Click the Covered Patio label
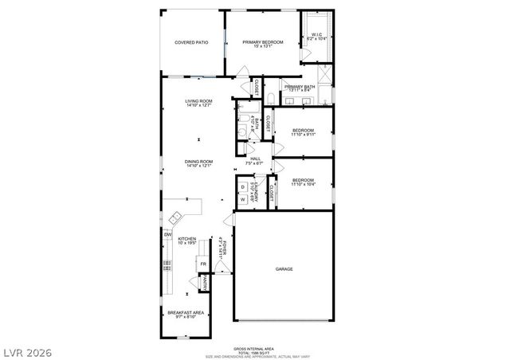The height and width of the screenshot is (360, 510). coord(191,42)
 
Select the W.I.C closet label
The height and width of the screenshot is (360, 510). coord(316,36)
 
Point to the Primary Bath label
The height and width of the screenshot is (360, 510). coord(299,88)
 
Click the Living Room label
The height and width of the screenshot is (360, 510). coord(198,102)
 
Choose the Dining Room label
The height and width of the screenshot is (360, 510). coord(198,164)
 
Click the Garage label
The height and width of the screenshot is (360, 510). coord(284,269)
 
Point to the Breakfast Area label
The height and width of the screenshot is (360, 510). coord(186,314)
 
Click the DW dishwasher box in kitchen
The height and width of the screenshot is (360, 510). coord(168,235)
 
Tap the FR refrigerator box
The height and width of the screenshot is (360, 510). coord(203,264)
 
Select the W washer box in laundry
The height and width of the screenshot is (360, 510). coord(243,199)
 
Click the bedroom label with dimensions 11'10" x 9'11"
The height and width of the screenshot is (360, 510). coord(303,132)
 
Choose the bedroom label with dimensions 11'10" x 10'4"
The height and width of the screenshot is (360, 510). coord(303,182)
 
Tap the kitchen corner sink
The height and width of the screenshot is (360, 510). coord(176,216)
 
